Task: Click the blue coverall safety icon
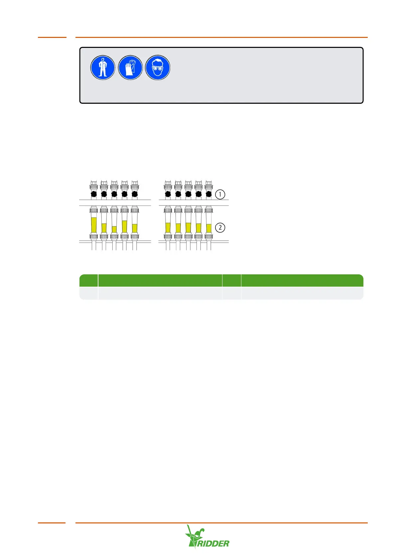(x=103, y=68)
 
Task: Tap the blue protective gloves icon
(x=130, y=68)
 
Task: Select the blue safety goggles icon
(x=158, y=68)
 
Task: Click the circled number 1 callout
(x=220, y=194)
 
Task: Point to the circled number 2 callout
(x=220, y=228)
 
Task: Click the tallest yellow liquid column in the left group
(x=94, y=225)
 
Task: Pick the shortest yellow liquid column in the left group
(x=114, y=229)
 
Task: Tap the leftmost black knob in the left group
(x=94, y=194)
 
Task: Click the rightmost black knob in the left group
(x=135, y=194)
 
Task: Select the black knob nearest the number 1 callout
(x=208, y=194)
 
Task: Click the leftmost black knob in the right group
(x=168, y=194)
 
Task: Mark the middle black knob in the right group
(x=188, y=194)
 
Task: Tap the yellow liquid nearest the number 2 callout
(x=209, y=228)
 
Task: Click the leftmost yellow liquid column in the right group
(x=168, y=228)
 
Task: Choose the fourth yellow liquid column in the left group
(x=124, y=226)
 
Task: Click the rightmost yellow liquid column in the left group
(x=135, y=228)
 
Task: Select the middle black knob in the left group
(x=114, y=194)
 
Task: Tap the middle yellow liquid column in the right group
(x=188, y=227)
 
